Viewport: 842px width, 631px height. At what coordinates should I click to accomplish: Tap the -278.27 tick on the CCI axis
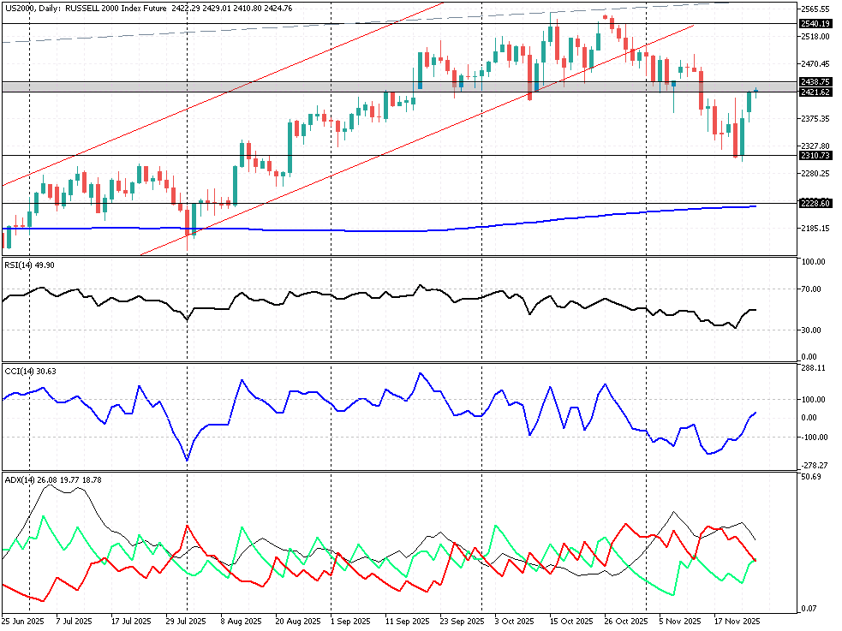point(814,465)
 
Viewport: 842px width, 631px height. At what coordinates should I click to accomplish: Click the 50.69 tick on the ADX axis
point(811,477)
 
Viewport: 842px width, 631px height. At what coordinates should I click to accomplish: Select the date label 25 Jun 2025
point(22,620)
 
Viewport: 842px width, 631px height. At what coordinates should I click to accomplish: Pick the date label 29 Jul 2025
point(185,620)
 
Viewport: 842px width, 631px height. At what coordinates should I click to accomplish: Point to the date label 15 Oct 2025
point(571,620)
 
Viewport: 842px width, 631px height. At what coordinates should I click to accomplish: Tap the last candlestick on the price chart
point(756,91)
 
